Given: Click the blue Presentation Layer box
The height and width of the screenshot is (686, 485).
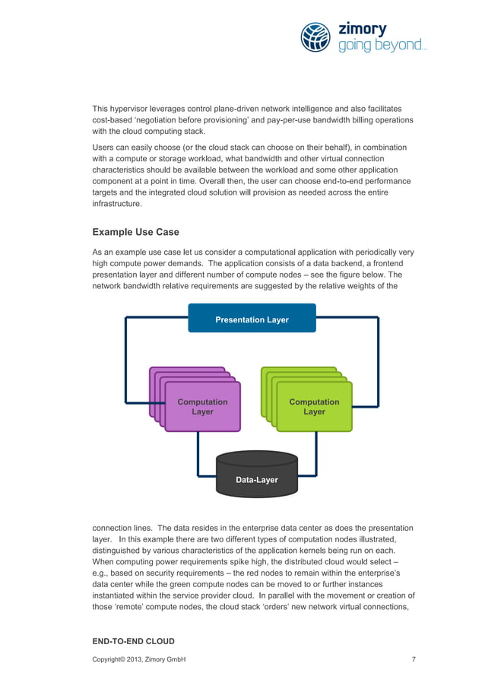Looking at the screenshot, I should click(x=252, y=319).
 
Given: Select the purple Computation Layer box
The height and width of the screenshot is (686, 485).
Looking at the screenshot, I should click(x=202, y=407).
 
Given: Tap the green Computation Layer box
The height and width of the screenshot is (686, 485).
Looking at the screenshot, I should click(x=314, y=407).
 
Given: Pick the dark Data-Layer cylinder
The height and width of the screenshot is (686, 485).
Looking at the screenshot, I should click(x=256, y=477).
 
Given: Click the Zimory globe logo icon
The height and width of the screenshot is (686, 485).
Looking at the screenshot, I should click(x=315, y=37).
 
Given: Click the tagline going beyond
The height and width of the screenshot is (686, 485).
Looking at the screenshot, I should click(x=382, y=46).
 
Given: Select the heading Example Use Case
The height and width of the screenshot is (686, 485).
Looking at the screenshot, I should click(x=135, y=231).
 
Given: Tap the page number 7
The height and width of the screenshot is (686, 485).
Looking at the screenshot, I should click(x=414, y=659).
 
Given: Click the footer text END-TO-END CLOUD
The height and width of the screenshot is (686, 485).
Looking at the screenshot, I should click(x=133, y=641).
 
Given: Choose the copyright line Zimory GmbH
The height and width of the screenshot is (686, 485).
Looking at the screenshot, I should click(x=139, y=659).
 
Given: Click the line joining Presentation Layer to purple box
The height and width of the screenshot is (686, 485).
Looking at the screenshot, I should click(x=126, y=357).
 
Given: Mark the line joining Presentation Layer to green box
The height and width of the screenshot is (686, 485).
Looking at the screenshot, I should click(x=378, y=357).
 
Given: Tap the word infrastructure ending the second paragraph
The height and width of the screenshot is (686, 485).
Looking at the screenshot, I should click(x=118, y=205).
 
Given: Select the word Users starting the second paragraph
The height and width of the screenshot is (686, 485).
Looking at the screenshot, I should click(x=104, y=147).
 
